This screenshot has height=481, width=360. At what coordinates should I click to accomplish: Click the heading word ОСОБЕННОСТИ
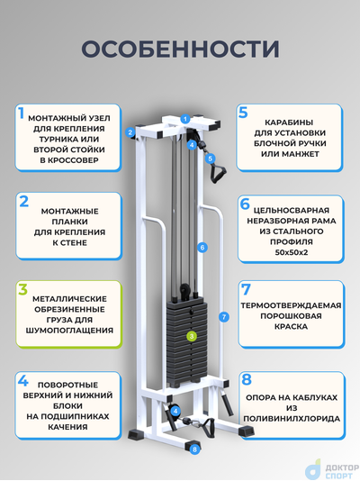[x=179, y=48]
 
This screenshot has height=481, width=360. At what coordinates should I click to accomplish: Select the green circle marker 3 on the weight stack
[x=191, y=336]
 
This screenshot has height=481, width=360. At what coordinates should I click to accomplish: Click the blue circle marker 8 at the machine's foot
[x=195, y=448]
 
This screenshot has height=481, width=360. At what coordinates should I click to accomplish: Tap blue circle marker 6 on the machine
[x=203, y=246]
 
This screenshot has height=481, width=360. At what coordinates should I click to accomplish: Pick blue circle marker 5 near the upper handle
[x=211, y=159]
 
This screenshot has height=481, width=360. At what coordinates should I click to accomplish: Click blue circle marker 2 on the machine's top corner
[x=130, y=132]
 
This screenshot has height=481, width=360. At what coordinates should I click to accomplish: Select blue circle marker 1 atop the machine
[x=184, y=118]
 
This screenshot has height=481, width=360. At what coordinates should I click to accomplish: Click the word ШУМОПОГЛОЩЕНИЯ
[x=67, y=331]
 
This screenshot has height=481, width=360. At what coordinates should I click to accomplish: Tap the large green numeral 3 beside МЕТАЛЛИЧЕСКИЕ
[x=22, y=290]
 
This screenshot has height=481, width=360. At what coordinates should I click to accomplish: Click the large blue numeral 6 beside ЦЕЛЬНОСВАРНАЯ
[x=244, y=205]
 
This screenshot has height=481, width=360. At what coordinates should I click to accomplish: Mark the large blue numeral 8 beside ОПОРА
[x=245, y=380]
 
